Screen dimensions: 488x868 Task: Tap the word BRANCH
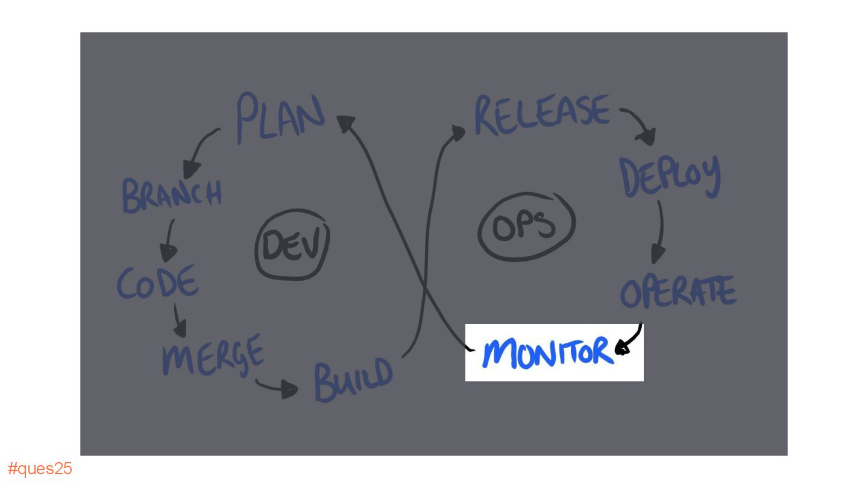coord(172,194)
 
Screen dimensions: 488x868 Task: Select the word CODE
coord(157,282)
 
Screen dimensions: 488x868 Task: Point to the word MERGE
coord(213,354)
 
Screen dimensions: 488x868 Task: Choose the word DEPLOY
coord(670,175)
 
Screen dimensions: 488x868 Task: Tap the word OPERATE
coord(678,292)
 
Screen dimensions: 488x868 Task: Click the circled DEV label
coord(293,245)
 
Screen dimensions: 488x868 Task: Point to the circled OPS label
coord(526,227)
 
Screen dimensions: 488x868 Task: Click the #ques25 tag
coord(40,469)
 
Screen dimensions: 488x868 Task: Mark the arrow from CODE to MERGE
coord(179,321)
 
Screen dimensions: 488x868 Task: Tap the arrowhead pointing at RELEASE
coord(458,132)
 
